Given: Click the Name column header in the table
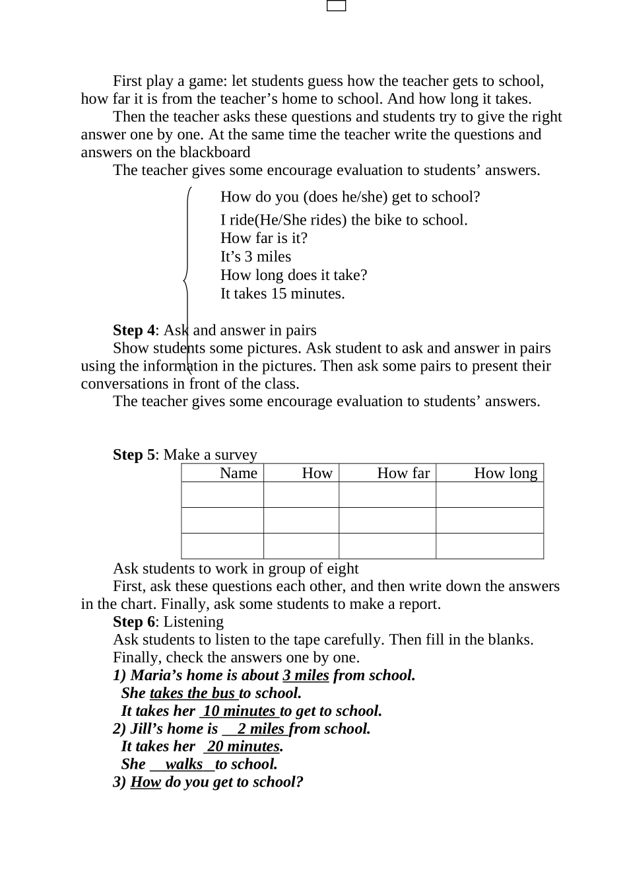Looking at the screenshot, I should [238, 473].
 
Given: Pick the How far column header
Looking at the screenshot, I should [403, 473].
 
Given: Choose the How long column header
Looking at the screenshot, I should [506, 473].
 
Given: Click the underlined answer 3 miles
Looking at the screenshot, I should [306, 675].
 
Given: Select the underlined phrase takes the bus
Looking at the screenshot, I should [193, 693].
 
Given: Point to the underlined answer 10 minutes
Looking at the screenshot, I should [239, 711].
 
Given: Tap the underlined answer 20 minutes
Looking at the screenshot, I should [243, 746].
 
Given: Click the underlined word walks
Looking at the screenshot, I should [183, 764].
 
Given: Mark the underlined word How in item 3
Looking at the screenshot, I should [146, 782].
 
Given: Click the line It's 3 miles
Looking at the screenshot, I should [255, 256].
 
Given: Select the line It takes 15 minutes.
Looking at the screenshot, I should [282, 293].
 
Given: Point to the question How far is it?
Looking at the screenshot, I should [264, 238].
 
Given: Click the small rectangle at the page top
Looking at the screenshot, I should [337, 6].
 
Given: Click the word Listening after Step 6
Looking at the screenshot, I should [193, 621].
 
